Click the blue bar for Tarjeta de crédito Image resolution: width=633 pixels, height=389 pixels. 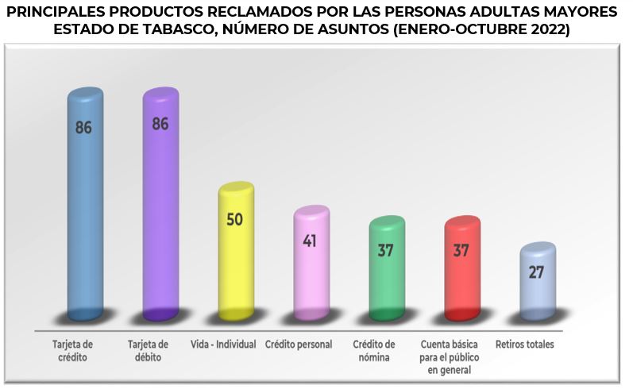tap(85, 206)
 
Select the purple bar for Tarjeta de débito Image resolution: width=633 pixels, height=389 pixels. tap(160, 206)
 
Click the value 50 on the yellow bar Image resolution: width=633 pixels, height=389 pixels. tap(235, 219)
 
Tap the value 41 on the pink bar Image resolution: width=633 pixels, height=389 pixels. tap(310, 240)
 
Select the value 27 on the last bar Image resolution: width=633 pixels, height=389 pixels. tap(537, 272)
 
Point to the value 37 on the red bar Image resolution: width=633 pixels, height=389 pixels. tap(461, 250)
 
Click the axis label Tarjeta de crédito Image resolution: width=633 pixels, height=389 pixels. tap(74, 351)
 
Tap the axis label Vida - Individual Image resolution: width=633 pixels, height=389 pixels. tap(223, 345)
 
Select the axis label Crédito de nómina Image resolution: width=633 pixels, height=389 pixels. tap(374, 351)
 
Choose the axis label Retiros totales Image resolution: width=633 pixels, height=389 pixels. tap(524, 345)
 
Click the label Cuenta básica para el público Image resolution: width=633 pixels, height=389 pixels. tap(450, 357)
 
